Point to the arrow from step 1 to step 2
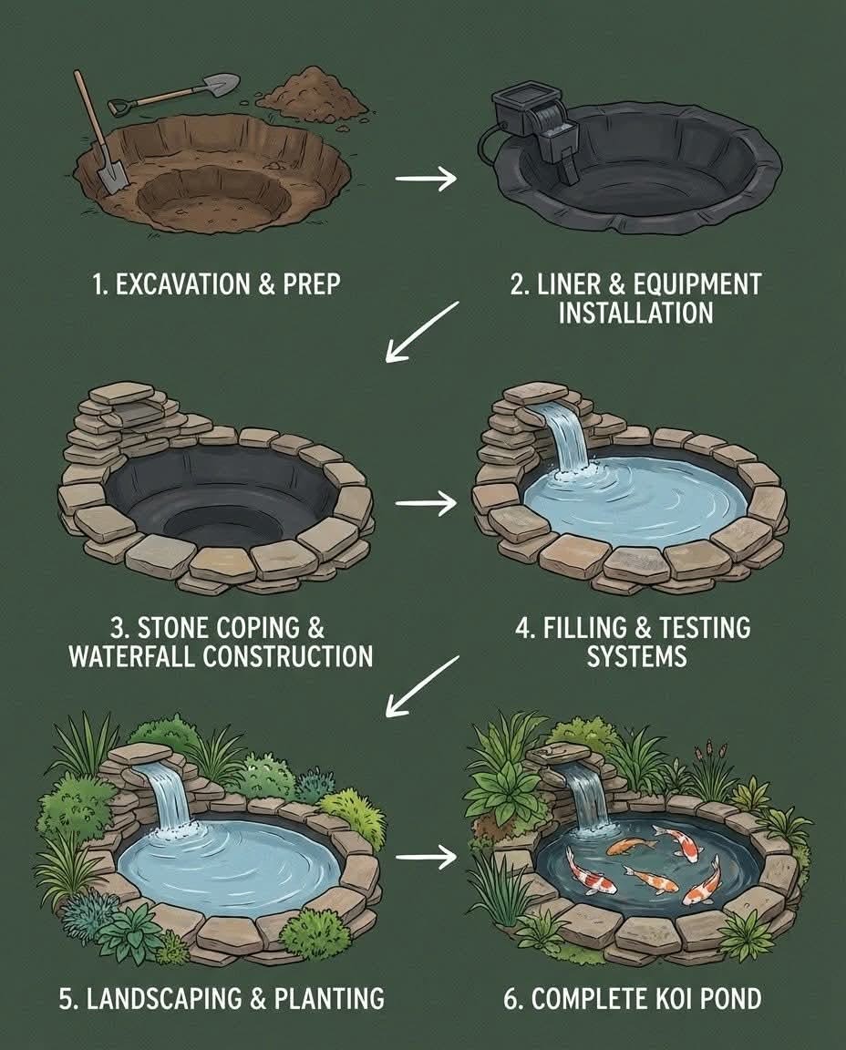click(426, 179)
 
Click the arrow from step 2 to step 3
click(423, 332)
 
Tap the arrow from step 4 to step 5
click(423, 686)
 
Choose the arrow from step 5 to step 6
click(426, 857)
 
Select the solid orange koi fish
click(630, 847)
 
